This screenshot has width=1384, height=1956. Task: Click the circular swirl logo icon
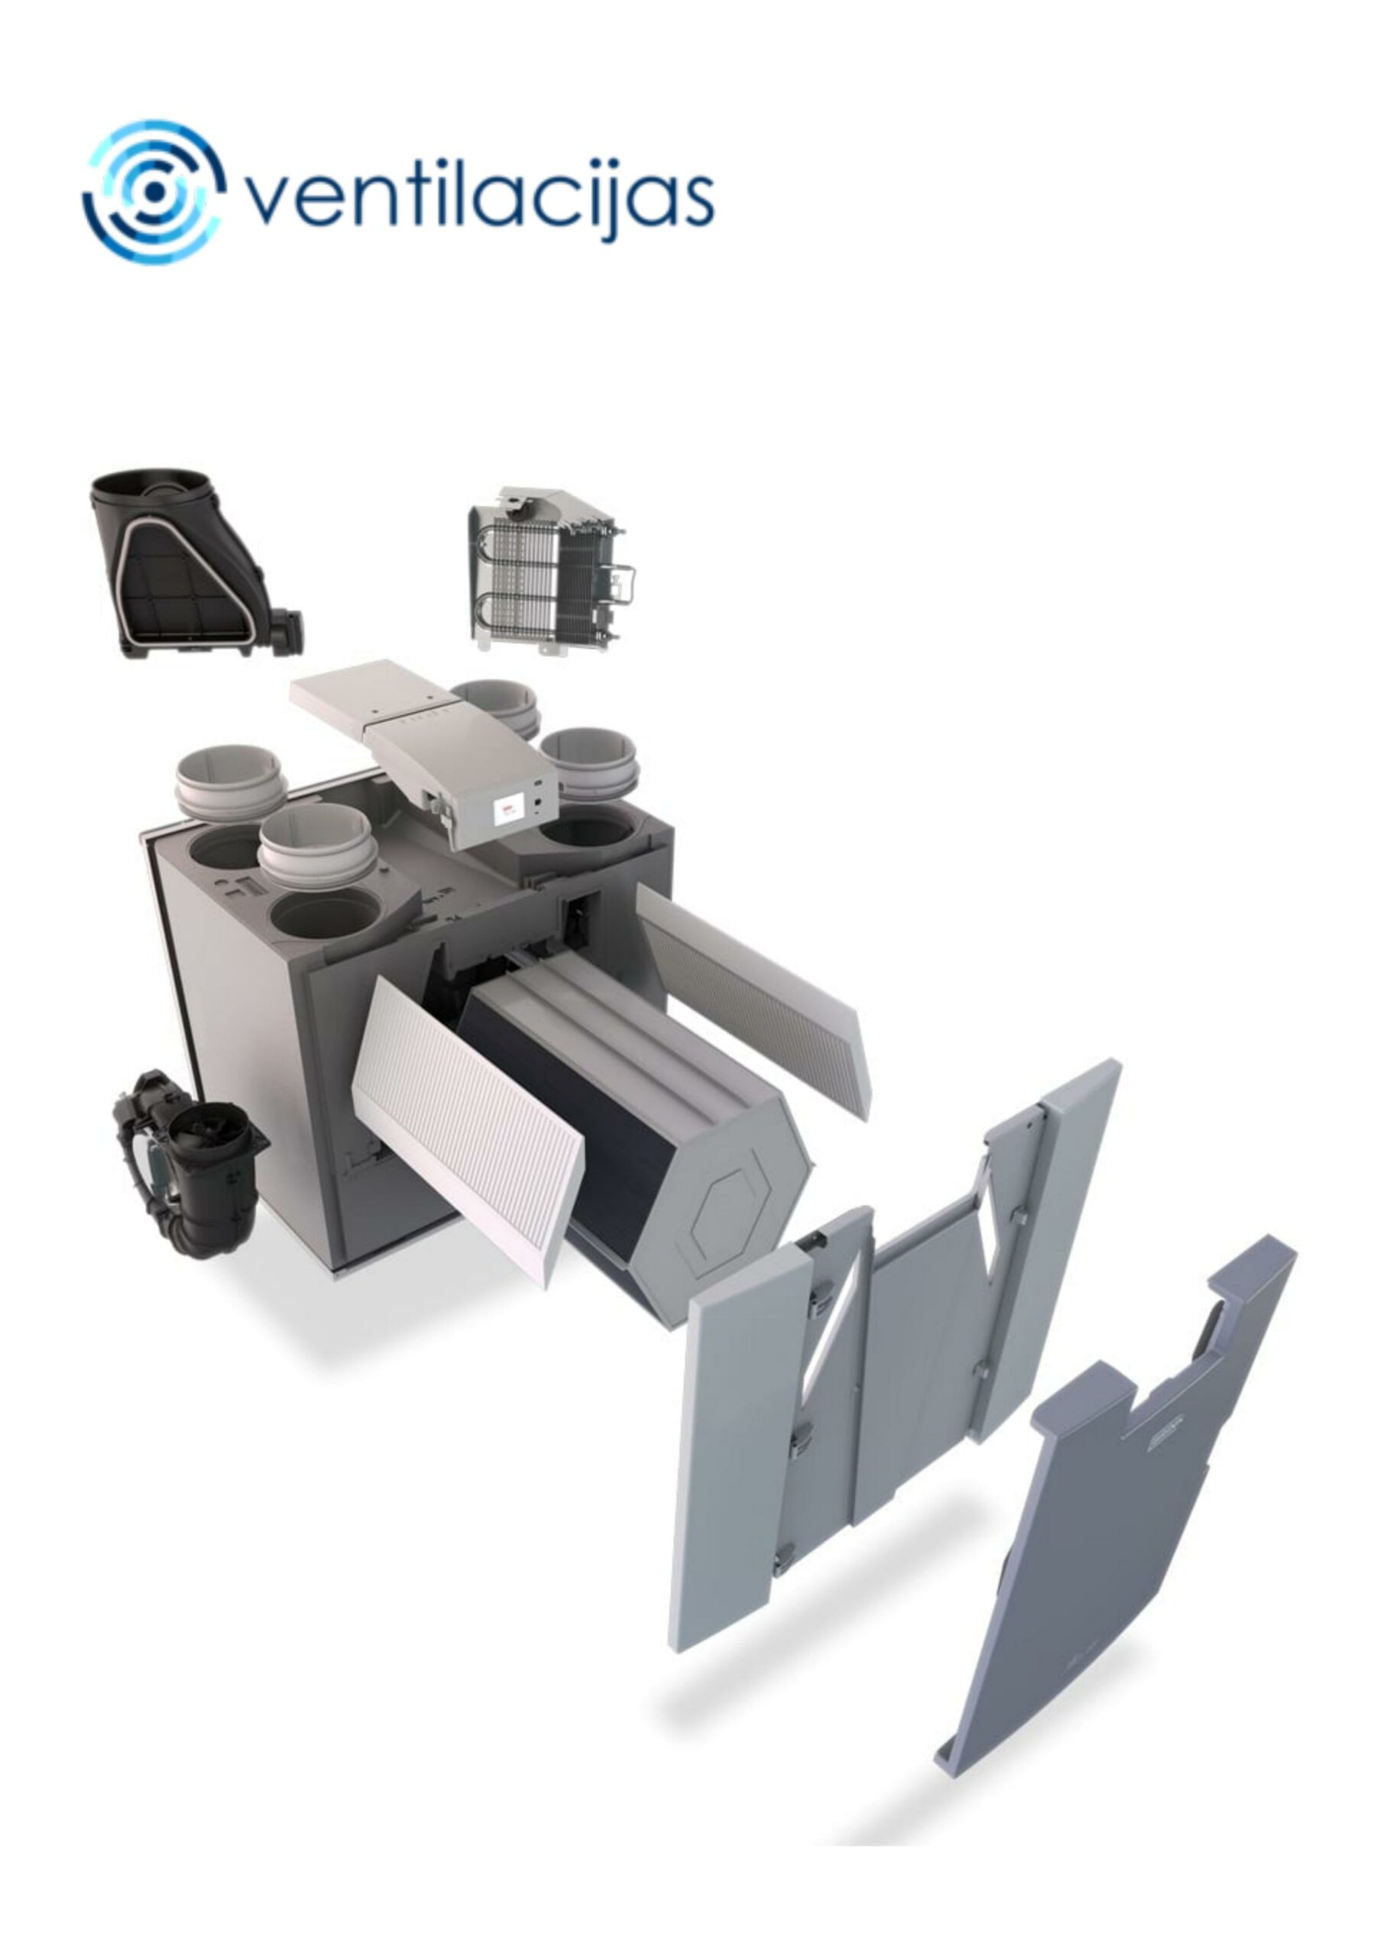pos(154,192)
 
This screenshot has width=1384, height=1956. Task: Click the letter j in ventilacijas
pos(615,200)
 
